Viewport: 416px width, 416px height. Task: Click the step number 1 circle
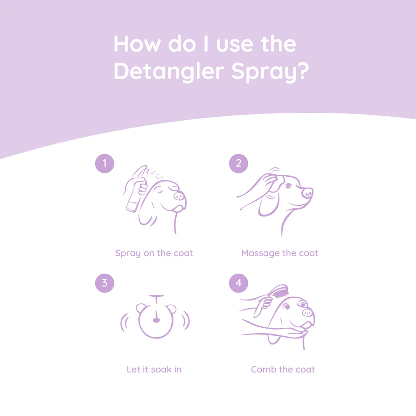point(104,163)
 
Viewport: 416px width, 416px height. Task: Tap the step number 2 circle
point(238,163)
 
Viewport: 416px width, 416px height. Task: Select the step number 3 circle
point(104,283)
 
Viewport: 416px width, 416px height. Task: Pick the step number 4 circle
point(238,283)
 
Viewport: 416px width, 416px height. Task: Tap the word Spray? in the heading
point(270,72)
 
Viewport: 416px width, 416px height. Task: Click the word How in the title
point(136,44)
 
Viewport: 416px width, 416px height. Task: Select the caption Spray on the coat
point(154,253)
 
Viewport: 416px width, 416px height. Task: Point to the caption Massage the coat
point(279,253)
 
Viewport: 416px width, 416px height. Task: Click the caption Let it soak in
point(154,369)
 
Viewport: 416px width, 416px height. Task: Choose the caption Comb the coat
point(283,369)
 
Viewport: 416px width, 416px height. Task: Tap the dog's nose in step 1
point(179,196)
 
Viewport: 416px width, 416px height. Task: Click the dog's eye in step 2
point(288,186)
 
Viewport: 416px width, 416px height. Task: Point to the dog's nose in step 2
point(307,193)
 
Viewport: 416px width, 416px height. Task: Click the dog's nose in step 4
point(308,312)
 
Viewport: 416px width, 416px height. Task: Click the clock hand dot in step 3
point(156,321)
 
